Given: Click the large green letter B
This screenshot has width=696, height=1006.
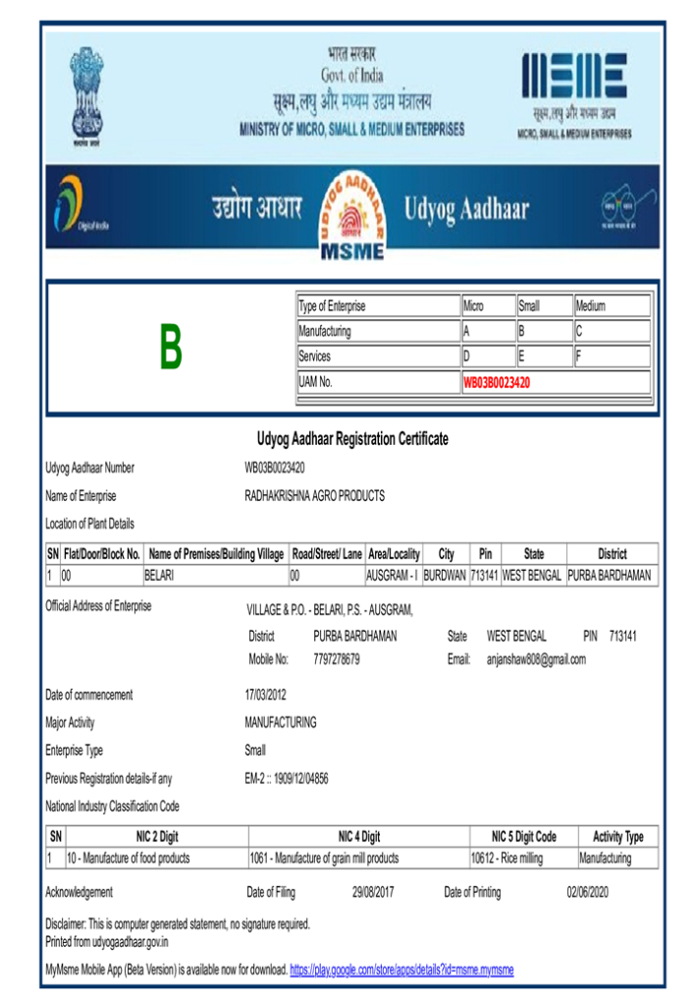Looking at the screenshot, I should pos(171,347).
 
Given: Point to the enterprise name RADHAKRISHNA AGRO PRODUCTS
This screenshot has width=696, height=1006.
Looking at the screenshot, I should pos(314,496).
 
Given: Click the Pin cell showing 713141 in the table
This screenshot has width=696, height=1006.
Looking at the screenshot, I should pos(485,576).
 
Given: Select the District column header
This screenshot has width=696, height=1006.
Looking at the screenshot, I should pos(612,554).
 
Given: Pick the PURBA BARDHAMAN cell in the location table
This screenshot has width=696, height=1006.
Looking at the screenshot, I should pos(610,576).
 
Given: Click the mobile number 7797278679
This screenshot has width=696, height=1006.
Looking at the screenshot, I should pos(336,660).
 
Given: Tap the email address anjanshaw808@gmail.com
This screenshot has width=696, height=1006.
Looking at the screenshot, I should pos(535,660).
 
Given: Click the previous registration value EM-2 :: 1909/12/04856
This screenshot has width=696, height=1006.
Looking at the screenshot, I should pos(286,779).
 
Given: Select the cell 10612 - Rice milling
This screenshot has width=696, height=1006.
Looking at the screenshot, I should pos(507,859).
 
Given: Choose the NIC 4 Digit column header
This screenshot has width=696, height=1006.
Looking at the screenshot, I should pos(358,837).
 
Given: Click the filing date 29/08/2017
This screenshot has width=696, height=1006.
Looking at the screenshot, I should pos(373,893).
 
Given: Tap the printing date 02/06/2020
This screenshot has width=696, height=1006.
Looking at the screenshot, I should pos(588,893).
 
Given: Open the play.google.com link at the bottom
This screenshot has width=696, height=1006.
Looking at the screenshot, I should pos(402,971).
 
